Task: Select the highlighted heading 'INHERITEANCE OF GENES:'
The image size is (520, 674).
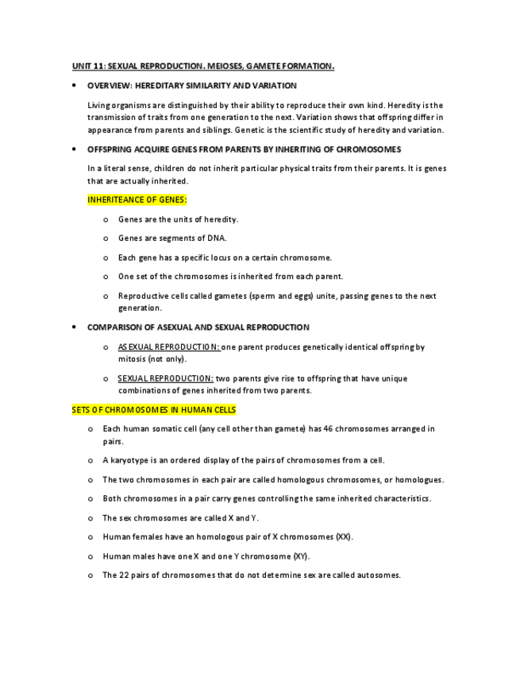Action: point(137,199)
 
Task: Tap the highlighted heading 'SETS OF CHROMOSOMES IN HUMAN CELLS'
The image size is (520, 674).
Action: point(153,409)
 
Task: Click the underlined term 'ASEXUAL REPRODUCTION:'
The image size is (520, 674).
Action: point(169,347)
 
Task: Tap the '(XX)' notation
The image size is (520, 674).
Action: point(344,536)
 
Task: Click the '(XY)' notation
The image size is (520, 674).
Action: point(301,556)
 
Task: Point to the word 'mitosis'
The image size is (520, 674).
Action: point(132,358)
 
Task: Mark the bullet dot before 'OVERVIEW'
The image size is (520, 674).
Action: point(73,85)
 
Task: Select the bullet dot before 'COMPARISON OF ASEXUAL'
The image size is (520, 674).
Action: point(73,327)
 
